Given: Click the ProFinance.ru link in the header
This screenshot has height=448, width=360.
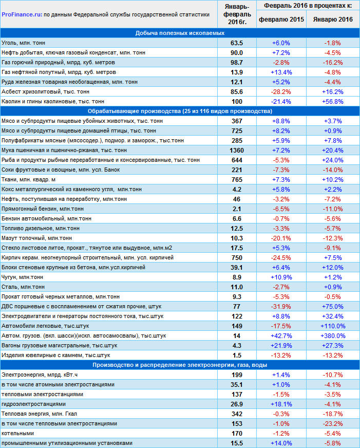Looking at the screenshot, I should tap(22, 15).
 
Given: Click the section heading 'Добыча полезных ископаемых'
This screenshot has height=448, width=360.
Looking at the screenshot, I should tap(180, 33).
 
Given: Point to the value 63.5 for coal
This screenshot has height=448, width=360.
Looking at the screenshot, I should tap(237, 43).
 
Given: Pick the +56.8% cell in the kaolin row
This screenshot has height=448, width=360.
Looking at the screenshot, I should tap(333, 101).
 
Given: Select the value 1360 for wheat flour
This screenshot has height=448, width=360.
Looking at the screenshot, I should tap(237, 150).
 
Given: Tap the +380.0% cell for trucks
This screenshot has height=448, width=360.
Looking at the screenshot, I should tap(333, 335).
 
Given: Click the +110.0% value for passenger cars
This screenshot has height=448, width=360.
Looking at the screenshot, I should tap(333, 326).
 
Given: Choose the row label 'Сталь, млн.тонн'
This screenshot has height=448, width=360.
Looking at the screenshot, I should tap(24, 287).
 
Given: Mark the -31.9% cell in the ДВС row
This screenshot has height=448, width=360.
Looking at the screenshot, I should tap(281, 306).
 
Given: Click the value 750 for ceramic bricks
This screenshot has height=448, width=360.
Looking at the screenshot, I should tap(237, 257).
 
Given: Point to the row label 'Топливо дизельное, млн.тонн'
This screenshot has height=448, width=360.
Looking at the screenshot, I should tap(41, 228).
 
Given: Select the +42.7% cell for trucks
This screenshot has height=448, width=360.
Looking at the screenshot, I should tap(281, 335).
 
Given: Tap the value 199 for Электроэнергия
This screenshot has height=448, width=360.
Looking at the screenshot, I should tap(237, 375).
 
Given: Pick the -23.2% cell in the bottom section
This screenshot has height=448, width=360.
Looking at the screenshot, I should tap(333, 423).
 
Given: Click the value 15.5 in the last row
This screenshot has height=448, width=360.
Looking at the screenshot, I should tap(237, 443).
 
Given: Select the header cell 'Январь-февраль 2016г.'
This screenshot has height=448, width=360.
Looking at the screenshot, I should tap(237, 14).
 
